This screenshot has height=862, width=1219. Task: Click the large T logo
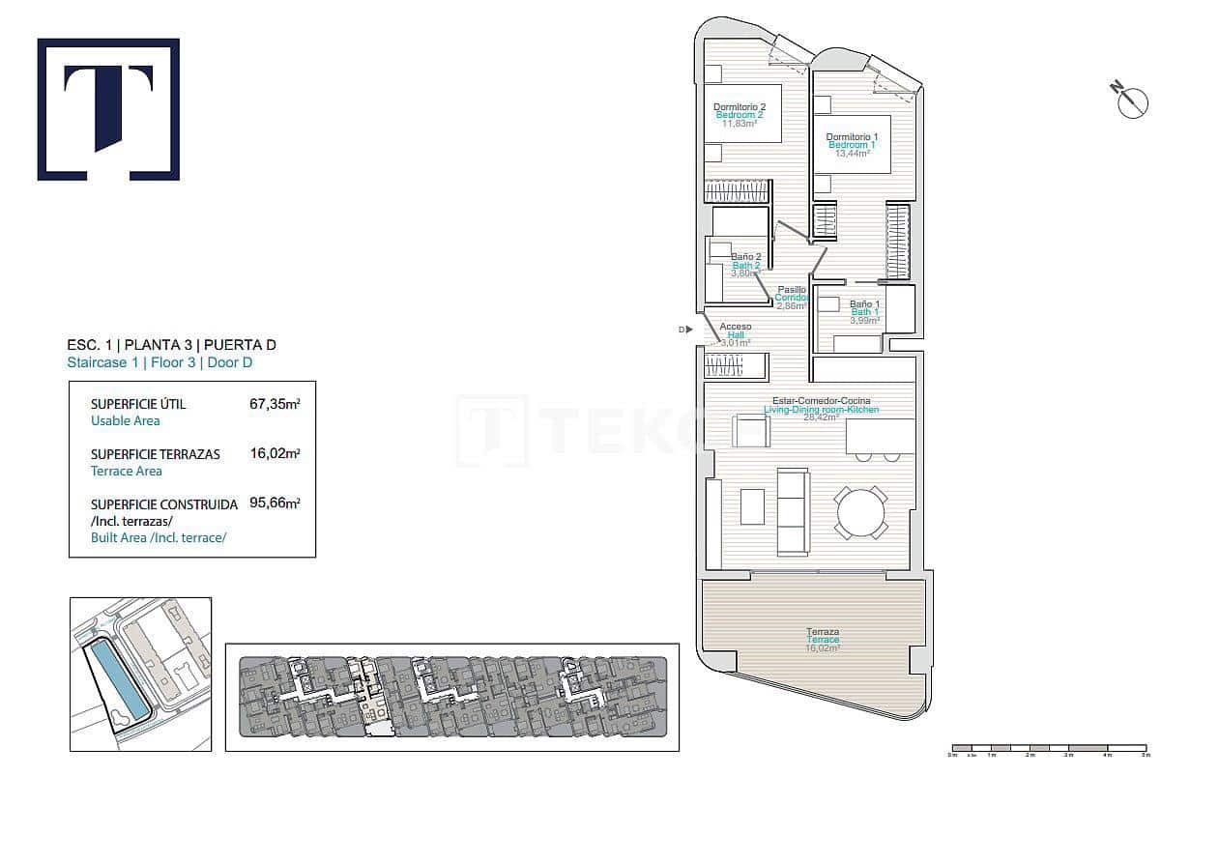(108, 109)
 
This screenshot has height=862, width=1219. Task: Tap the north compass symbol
(1131, 101)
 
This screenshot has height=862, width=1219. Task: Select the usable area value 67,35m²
(275, 404)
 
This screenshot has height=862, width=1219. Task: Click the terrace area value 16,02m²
(275, 454)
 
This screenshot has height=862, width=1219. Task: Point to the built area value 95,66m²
(275, 503)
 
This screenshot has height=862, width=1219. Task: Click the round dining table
(860, 513)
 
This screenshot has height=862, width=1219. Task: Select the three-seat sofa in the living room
(794, 512)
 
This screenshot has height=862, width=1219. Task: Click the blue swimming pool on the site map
(118, 680)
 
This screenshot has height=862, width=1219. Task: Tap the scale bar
(1049, 748)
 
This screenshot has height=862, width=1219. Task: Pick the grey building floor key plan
(452, 697)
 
